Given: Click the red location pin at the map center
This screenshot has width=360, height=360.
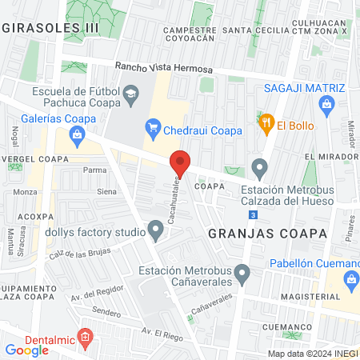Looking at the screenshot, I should coord(180,163).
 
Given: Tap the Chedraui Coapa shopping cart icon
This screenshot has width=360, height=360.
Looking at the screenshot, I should coord(152,126).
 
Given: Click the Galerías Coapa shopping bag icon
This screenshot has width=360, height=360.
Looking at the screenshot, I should coord(76,134).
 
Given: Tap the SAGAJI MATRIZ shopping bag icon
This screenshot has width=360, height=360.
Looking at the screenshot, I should coord(326,103).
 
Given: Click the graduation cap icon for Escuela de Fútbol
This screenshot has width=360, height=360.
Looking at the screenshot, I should coord(129,95).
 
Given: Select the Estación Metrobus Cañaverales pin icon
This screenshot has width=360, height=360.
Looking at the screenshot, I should coord(244,275).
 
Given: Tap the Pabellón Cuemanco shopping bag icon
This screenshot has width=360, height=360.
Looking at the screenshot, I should coord(350,279).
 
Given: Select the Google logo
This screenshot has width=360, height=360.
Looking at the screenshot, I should coord(26,350).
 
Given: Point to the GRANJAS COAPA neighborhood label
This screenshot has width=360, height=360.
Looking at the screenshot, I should coord(268,234).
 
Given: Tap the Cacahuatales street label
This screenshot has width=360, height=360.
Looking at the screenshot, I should coord(172,199).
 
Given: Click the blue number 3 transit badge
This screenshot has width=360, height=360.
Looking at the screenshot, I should coord(253,215).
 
